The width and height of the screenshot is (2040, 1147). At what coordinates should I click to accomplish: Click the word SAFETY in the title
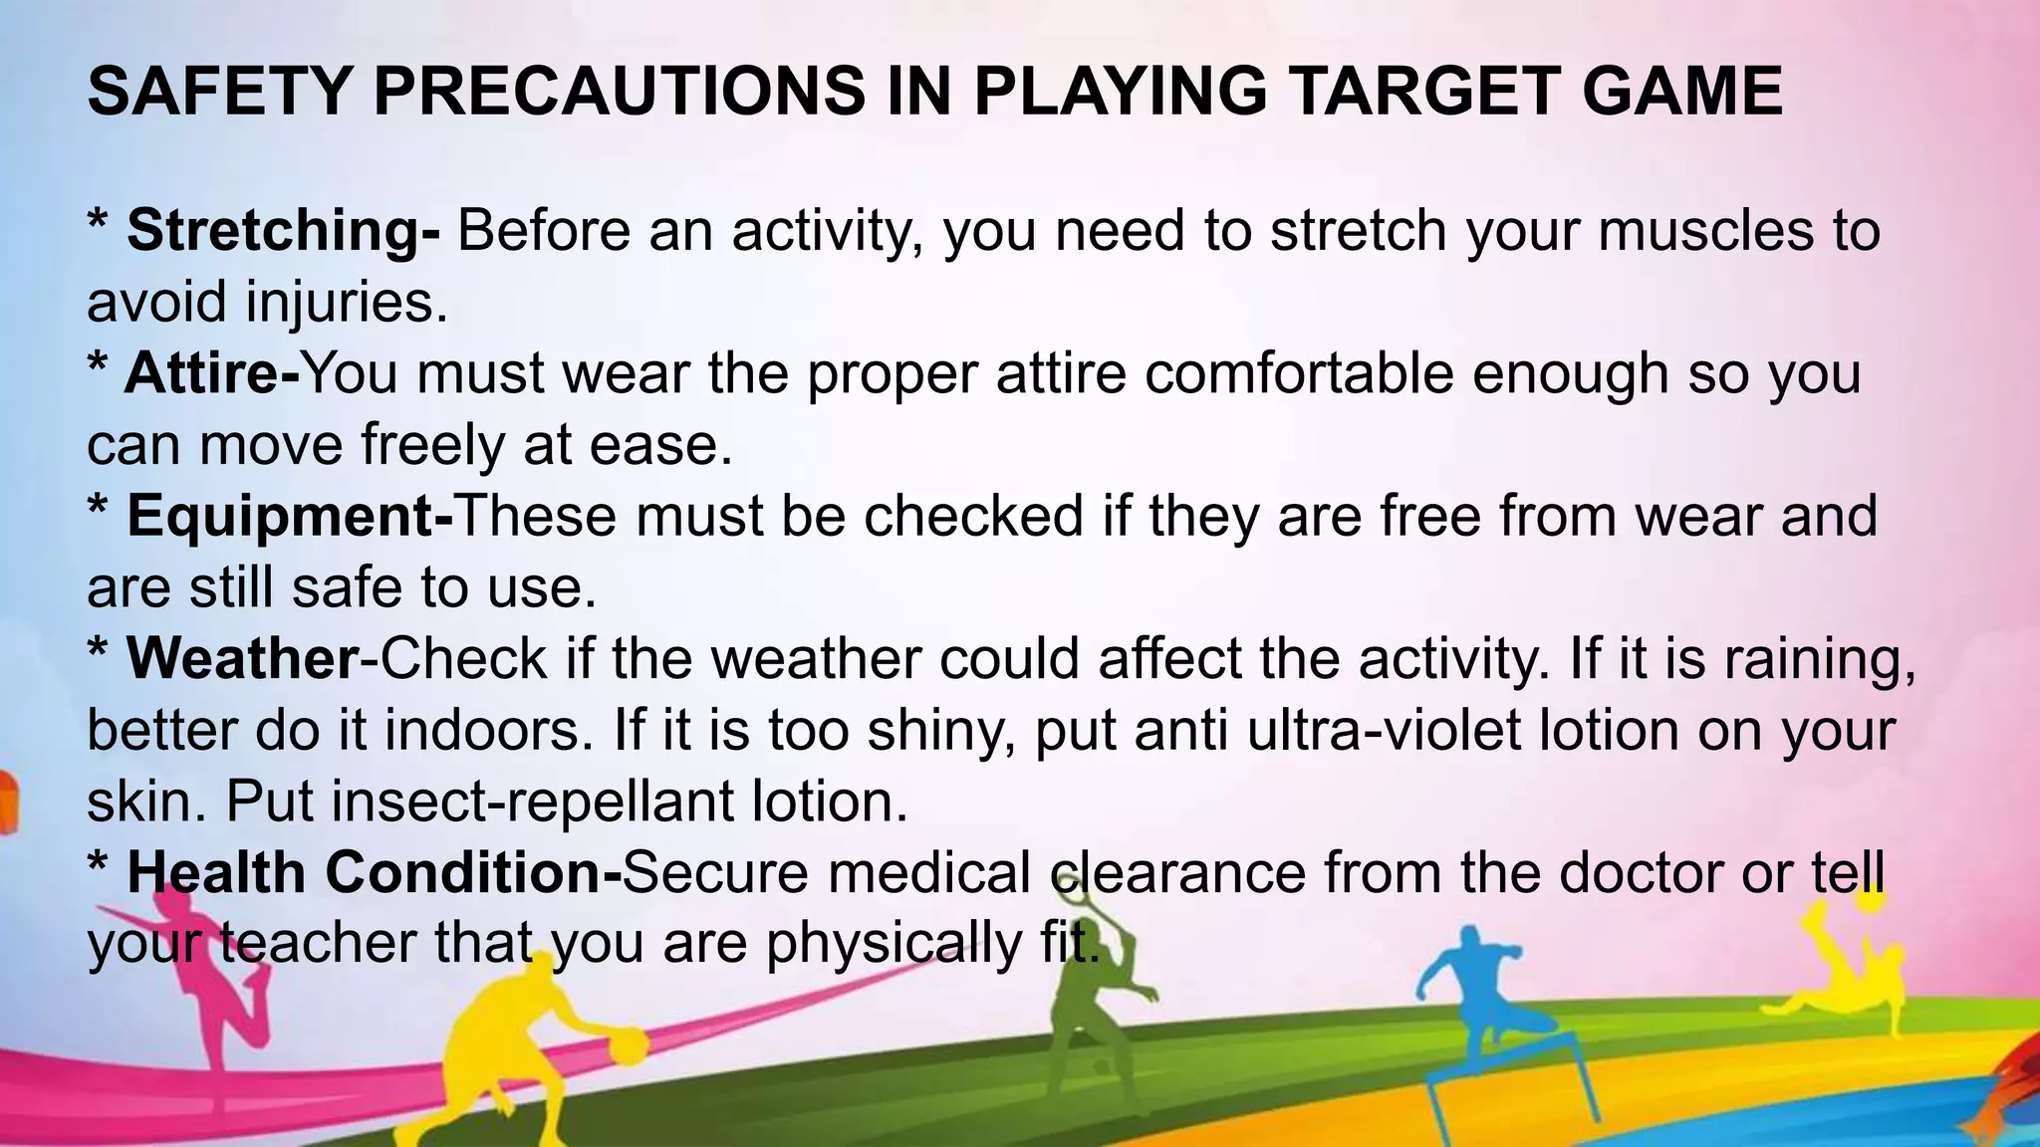click(220, 92)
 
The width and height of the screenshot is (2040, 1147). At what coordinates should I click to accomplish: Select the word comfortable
click(1299, 373)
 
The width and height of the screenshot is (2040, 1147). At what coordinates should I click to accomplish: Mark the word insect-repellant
click(533, 802)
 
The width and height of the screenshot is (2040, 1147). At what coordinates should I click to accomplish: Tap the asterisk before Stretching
click(98, 223)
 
